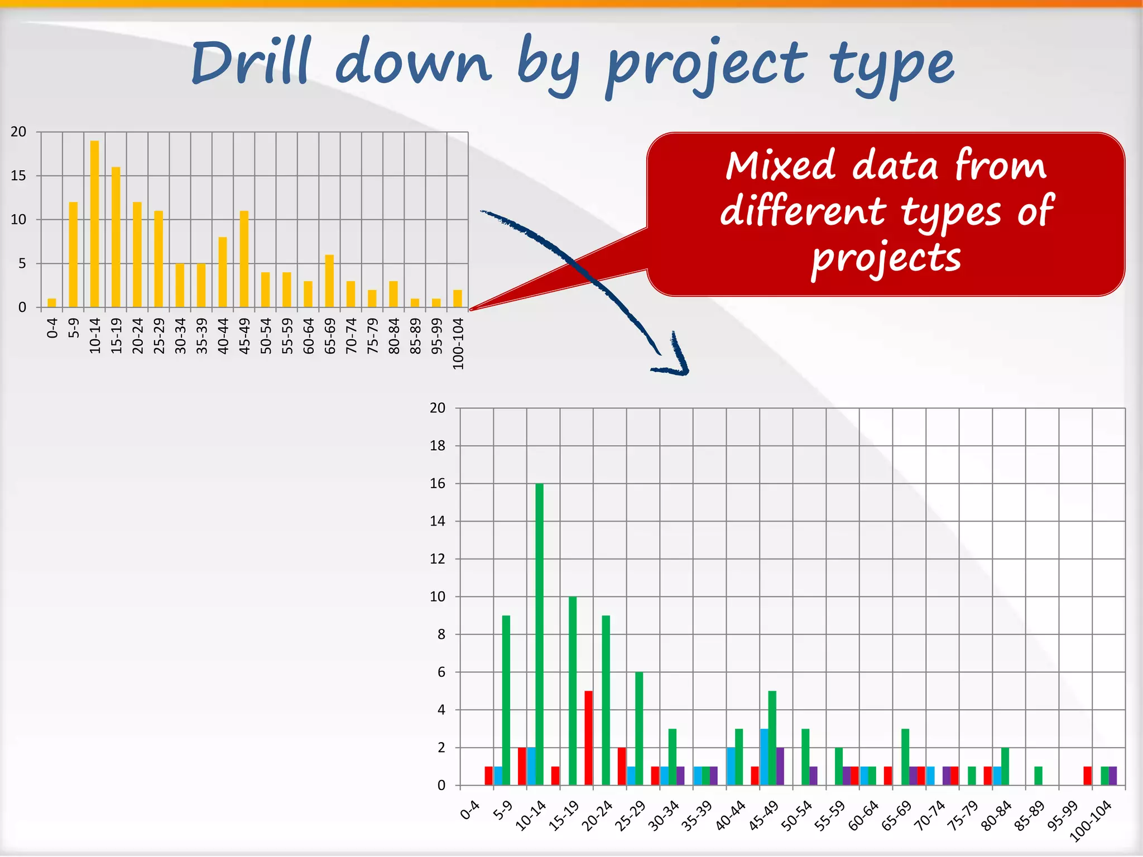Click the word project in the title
coord(706,67)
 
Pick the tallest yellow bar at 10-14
coord(94,223)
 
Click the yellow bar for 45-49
coord(244,259)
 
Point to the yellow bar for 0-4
coord(52,303)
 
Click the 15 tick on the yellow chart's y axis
coord(18,176)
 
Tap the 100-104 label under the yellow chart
coord(458,343)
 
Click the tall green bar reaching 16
coord(539,634)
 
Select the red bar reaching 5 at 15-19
coord(588,738)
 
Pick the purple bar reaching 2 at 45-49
coord(780,766)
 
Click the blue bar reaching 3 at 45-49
coord(764,757)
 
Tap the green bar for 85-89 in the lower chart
coord(1038,776)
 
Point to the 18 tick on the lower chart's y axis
coord(438,446)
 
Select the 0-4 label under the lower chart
coord(470,810)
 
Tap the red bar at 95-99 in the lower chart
coord(1087,776)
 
